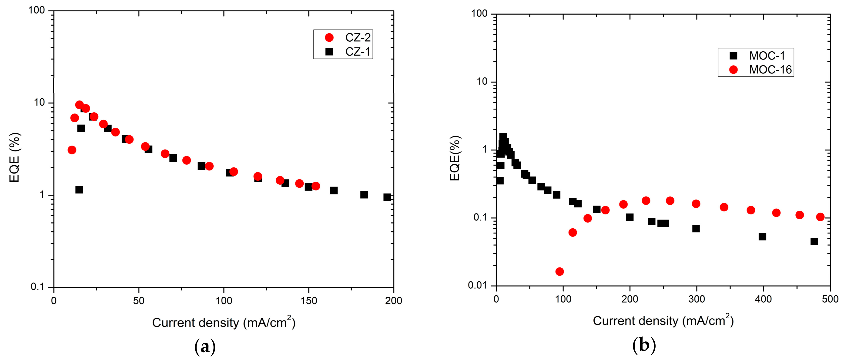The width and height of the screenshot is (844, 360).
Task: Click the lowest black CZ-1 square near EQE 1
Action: (79, 190)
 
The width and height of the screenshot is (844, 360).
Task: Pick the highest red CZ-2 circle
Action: (79, 105)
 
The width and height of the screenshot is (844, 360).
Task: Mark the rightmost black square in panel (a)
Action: (387, 197)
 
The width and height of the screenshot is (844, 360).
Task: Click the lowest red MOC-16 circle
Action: (560, 272)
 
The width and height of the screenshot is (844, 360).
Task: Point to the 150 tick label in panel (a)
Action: (309, 300)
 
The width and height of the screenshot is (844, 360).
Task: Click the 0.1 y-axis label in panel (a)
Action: (37, 287)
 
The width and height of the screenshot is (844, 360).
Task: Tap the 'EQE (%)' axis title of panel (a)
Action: (14, 157)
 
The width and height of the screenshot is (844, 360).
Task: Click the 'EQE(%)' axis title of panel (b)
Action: (455, 158)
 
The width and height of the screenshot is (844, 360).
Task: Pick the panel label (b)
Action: (644, 345)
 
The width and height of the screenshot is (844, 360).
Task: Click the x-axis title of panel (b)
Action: (663, 320)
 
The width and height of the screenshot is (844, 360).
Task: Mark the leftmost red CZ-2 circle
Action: (72, 150)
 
